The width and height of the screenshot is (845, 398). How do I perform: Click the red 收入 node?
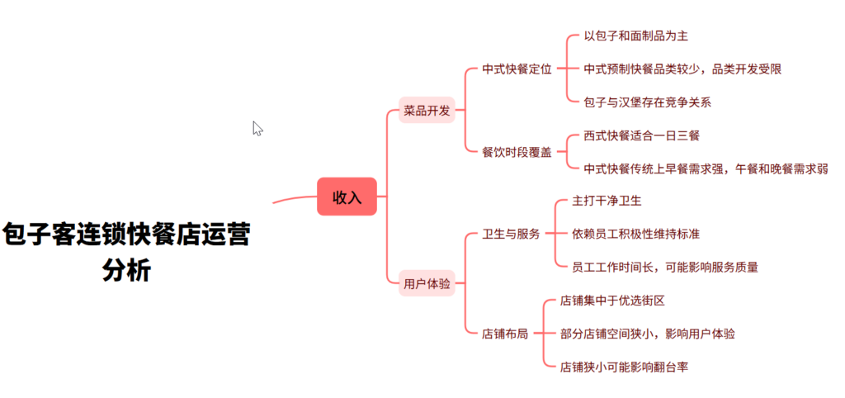pos(347,197)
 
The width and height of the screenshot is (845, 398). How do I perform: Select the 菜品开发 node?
pos(427,110)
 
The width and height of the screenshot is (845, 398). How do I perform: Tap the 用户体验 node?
pos(427,283)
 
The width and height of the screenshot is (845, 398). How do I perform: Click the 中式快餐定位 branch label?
pos(517,69)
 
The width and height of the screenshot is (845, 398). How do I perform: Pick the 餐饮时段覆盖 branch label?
pos(517,152)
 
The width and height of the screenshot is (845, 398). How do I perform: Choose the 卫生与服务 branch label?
pos(511,234)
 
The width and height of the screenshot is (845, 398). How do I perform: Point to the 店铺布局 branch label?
pos(505,334)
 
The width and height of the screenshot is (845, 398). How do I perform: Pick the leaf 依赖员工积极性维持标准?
pos(635,234)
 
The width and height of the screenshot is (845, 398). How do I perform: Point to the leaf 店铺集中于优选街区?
pos(612,301)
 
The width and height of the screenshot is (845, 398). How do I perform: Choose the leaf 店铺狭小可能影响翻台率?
pos(624,367)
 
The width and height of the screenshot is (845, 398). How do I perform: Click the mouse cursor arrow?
pos(257,128)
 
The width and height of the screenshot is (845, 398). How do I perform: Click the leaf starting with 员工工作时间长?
pos(664,267)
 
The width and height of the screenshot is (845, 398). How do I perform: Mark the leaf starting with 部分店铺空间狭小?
pos(647,334)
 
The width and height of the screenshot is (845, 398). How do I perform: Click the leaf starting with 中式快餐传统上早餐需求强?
pos(705,168)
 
